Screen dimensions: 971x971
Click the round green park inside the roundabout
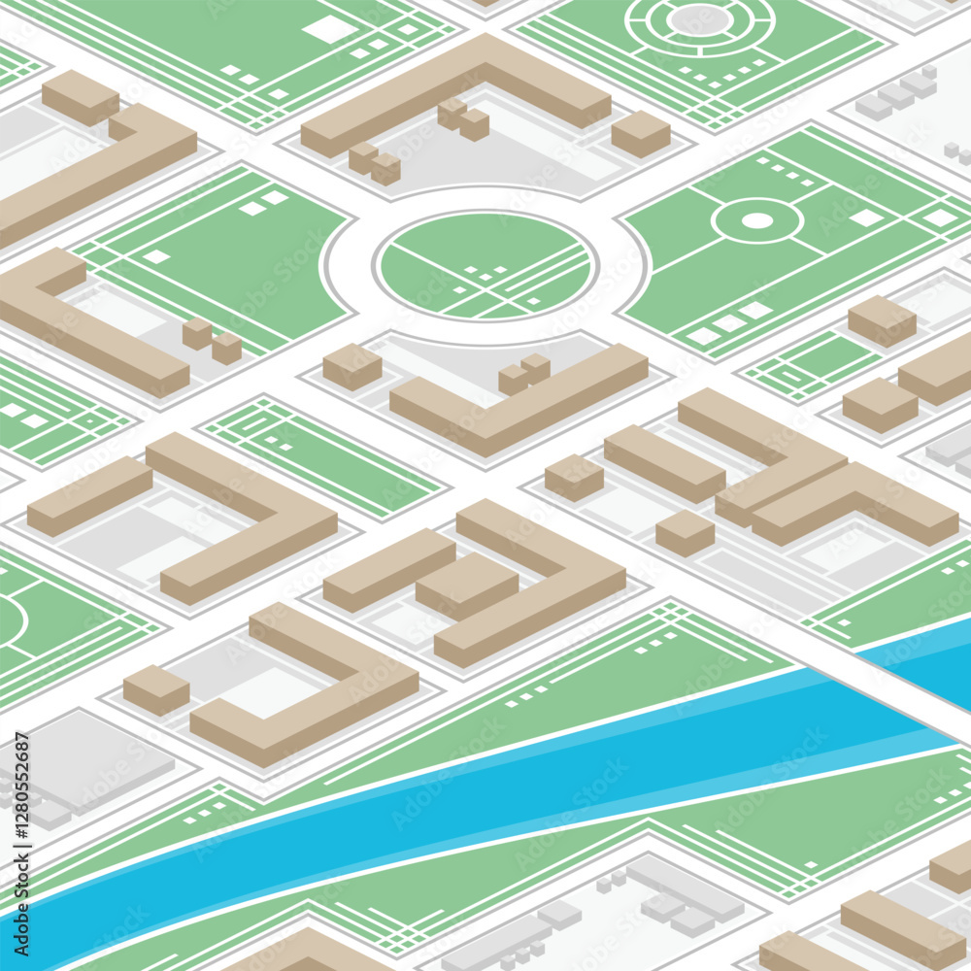[x=485, y=264]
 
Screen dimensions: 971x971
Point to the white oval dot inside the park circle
[x=756, y=220]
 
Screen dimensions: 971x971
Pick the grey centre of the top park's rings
[x=698, y=19]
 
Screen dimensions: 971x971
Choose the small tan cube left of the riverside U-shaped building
[x=155, y=689]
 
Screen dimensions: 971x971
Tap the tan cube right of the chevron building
[x=641, y=133]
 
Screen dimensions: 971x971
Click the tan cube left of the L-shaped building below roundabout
[x=352, y=366]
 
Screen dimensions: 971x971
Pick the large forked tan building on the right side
[x=816, y=476]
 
